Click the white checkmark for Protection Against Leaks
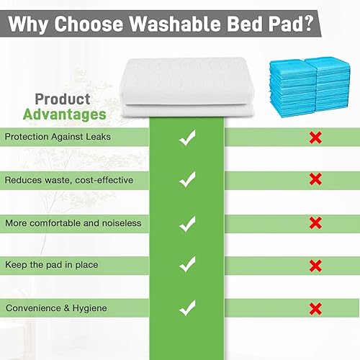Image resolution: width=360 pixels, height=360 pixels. point(187,138)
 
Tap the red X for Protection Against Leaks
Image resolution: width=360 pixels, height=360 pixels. point(315,138)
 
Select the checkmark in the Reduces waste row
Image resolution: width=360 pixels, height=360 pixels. point(187,179)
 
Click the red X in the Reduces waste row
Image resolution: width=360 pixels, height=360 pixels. point(315,179)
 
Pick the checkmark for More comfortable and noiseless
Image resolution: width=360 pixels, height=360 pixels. point(187,222)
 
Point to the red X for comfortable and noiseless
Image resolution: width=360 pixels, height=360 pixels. point(315,222)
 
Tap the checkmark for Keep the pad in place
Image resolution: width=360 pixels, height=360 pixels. point(187,266)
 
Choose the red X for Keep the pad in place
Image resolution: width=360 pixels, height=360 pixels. point(315,266)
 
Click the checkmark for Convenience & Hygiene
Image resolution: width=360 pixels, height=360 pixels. point(187,308)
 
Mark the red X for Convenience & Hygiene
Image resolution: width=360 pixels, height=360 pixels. point(315,308)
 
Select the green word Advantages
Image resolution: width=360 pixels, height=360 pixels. point(65,114)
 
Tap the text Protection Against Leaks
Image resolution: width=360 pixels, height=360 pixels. point(58,136)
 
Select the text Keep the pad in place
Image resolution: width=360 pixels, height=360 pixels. point(51,265)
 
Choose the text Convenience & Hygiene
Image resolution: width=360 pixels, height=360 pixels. point(56,308)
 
